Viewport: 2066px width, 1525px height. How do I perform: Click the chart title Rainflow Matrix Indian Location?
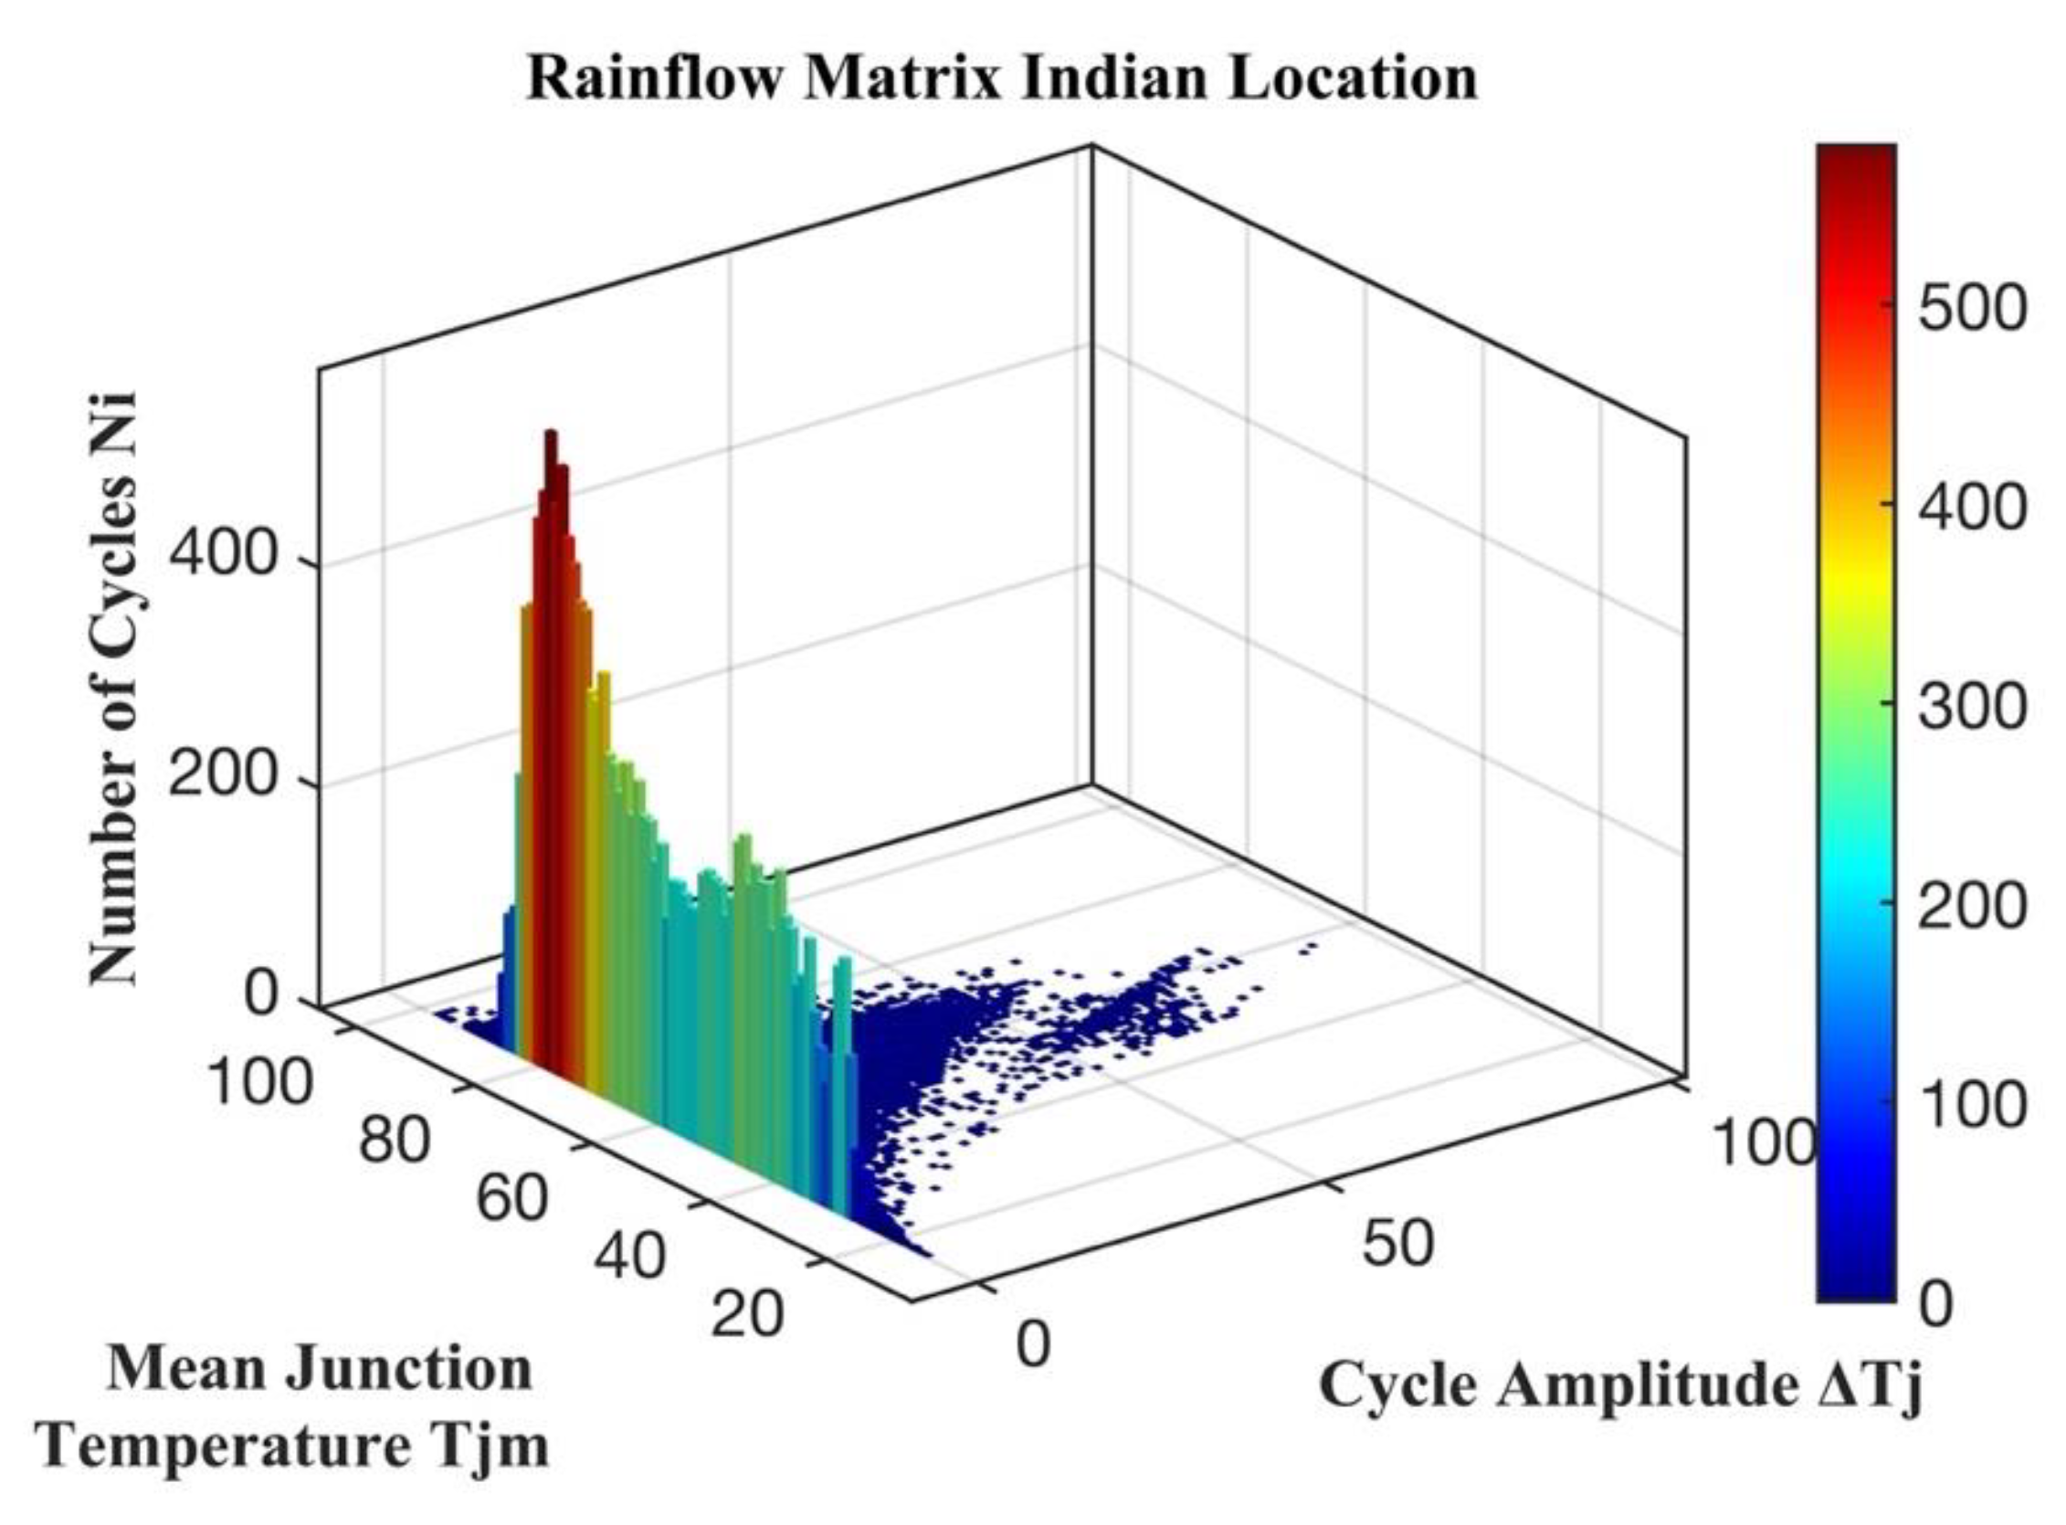[1001, 79]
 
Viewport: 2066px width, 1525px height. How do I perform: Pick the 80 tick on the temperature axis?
[395, 1140]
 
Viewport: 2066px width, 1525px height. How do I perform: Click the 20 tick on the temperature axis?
[748, 1314]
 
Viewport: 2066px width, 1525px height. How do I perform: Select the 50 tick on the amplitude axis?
[1397, 1244]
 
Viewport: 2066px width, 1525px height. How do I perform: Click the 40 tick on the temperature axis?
[628, 1257]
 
